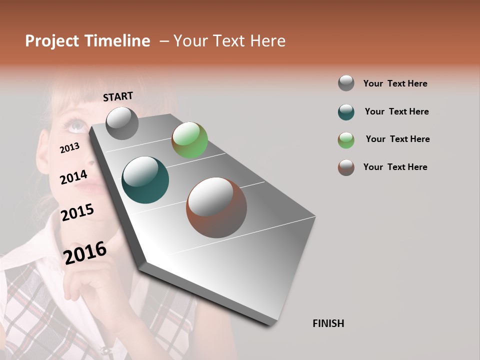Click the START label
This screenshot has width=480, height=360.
click(x=118, y=96)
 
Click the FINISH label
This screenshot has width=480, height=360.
click(x=328, y=323)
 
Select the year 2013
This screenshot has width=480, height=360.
click(x=69, y=148)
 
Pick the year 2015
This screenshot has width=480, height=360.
click(x=77, y=212)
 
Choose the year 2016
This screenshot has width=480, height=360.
click(x=85, y=253)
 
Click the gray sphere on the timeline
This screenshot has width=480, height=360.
click(x=122, y=123)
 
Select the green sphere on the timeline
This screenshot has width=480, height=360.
click(x=189, y=140)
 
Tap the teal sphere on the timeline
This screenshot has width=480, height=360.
click(x=145, y=180)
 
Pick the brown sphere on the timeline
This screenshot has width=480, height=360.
click(x=216, y=207)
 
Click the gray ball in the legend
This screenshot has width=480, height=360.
click(x=346, y=83)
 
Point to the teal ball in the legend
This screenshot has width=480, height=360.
click(x=346, y=112)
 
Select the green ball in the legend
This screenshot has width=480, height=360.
click(x=346, y=140)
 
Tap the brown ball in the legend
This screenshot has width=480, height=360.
click(x=346, y=167)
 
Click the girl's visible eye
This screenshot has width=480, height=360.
click(x=76, y=125)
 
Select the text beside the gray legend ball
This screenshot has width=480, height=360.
click(x=395, y=83)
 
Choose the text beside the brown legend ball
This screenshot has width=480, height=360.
click(x=395, y=167)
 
